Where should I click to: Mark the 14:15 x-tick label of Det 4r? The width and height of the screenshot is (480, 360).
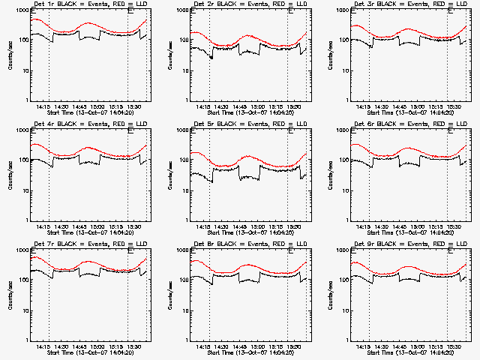tap(43, 226)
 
